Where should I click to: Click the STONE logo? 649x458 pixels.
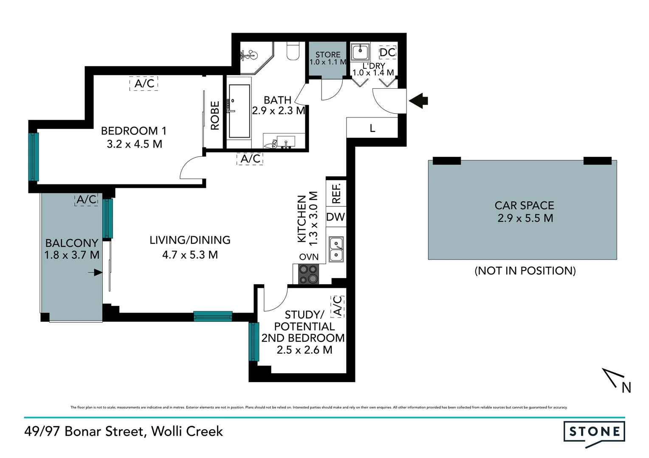(594, 432)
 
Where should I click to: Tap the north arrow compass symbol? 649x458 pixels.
(616, 379)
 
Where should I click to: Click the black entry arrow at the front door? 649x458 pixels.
(419, 101)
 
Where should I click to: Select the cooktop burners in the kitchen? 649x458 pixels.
(308, 274)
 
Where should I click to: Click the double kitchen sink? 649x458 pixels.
(336, 249)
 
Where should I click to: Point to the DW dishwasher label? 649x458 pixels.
(336, 217)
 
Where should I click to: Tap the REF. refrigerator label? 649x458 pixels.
(336, 193)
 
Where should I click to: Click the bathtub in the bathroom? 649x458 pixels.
(239, 111)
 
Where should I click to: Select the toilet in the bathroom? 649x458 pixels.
(293, 50)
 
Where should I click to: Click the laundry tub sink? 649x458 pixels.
(361, 53)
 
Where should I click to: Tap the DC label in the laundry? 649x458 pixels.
(387, 53)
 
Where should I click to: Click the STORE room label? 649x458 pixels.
(328, 55)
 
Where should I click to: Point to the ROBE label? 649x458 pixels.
(215, 115)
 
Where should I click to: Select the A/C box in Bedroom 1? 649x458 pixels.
(144, 83)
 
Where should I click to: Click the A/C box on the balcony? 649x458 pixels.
(87, 199)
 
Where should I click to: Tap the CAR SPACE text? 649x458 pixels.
(524, 206)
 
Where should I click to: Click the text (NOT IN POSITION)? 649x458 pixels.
(525, 271)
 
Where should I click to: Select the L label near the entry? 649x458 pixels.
(372, 128)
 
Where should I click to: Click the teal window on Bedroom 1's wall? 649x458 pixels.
(34, 157)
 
